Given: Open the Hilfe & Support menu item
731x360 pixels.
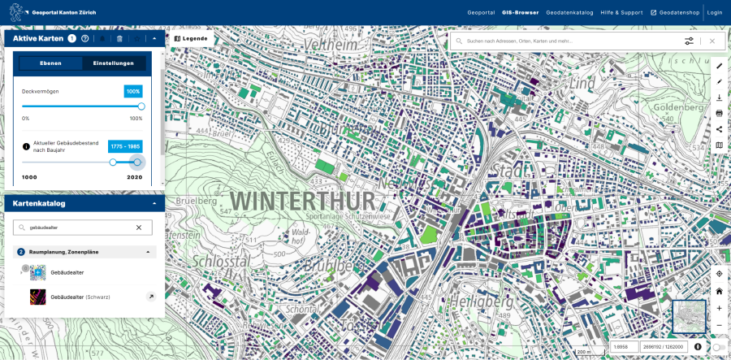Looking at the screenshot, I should pos(621,12).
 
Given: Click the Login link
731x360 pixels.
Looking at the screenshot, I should pos(715,12).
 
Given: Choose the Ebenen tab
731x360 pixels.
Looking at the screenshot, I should pos(50,63).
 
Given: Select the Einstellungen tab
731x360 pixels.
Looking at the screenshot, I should pos(114,63).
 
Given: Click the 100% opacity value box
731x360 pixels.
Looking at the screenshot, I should pos(133,91).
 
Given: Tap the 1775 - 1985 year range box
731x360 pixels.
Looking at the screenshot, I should pos(126,146).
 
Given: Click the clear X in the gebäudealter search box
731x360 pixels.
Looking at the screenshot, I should pos(139,228).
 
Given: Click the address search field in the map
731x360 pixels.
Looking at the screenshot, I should pos(569,41).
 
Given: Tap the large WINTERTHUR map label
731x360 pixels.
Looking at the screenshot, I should pos(302,201).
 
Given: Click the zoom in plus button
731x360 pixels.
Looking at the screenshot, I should pos(719,308).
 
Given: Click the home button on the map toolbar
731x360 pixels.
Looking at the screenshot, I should pos(719,291).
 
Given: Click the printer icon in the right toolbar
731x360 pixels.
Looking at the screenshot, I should pos(719,113).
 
